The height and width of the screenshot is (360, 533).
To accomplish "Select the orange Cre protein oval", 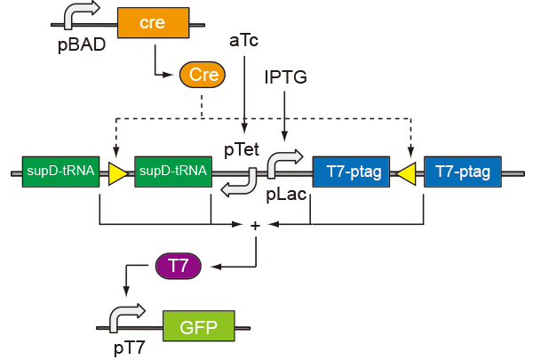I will [x=203, y=76].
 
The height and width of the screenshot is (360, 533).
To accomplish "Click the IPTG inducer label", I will [x=285, y=77].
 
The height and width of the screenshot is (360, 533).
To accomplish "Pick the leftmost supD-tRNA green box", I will [x=59, y=172].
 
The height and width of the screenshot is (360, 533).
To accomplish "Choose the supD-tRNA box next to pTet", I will [x=172, y=172].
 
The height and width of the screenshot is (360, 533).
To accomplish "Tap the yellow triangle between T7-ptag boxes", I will [x=408, y=172].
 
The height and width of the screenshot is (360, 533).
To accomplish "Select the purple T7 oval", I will [x=179, y=265].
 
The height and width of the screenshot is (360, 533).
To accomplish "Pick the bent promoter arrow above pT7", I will [x=125, y=318].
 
